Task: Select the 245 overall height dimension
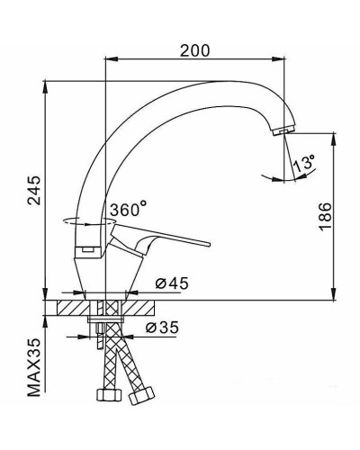coord(34,213)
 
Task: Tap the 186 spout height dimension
coord(325,218)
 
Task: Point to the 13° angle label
coord(305,165)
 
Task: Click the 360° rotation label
coord(128,210)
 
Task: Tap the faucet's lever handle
coord(171,240)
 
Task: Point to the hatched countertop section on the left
coord(69,308)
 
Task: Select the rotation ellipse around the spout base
coord(81,220)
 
